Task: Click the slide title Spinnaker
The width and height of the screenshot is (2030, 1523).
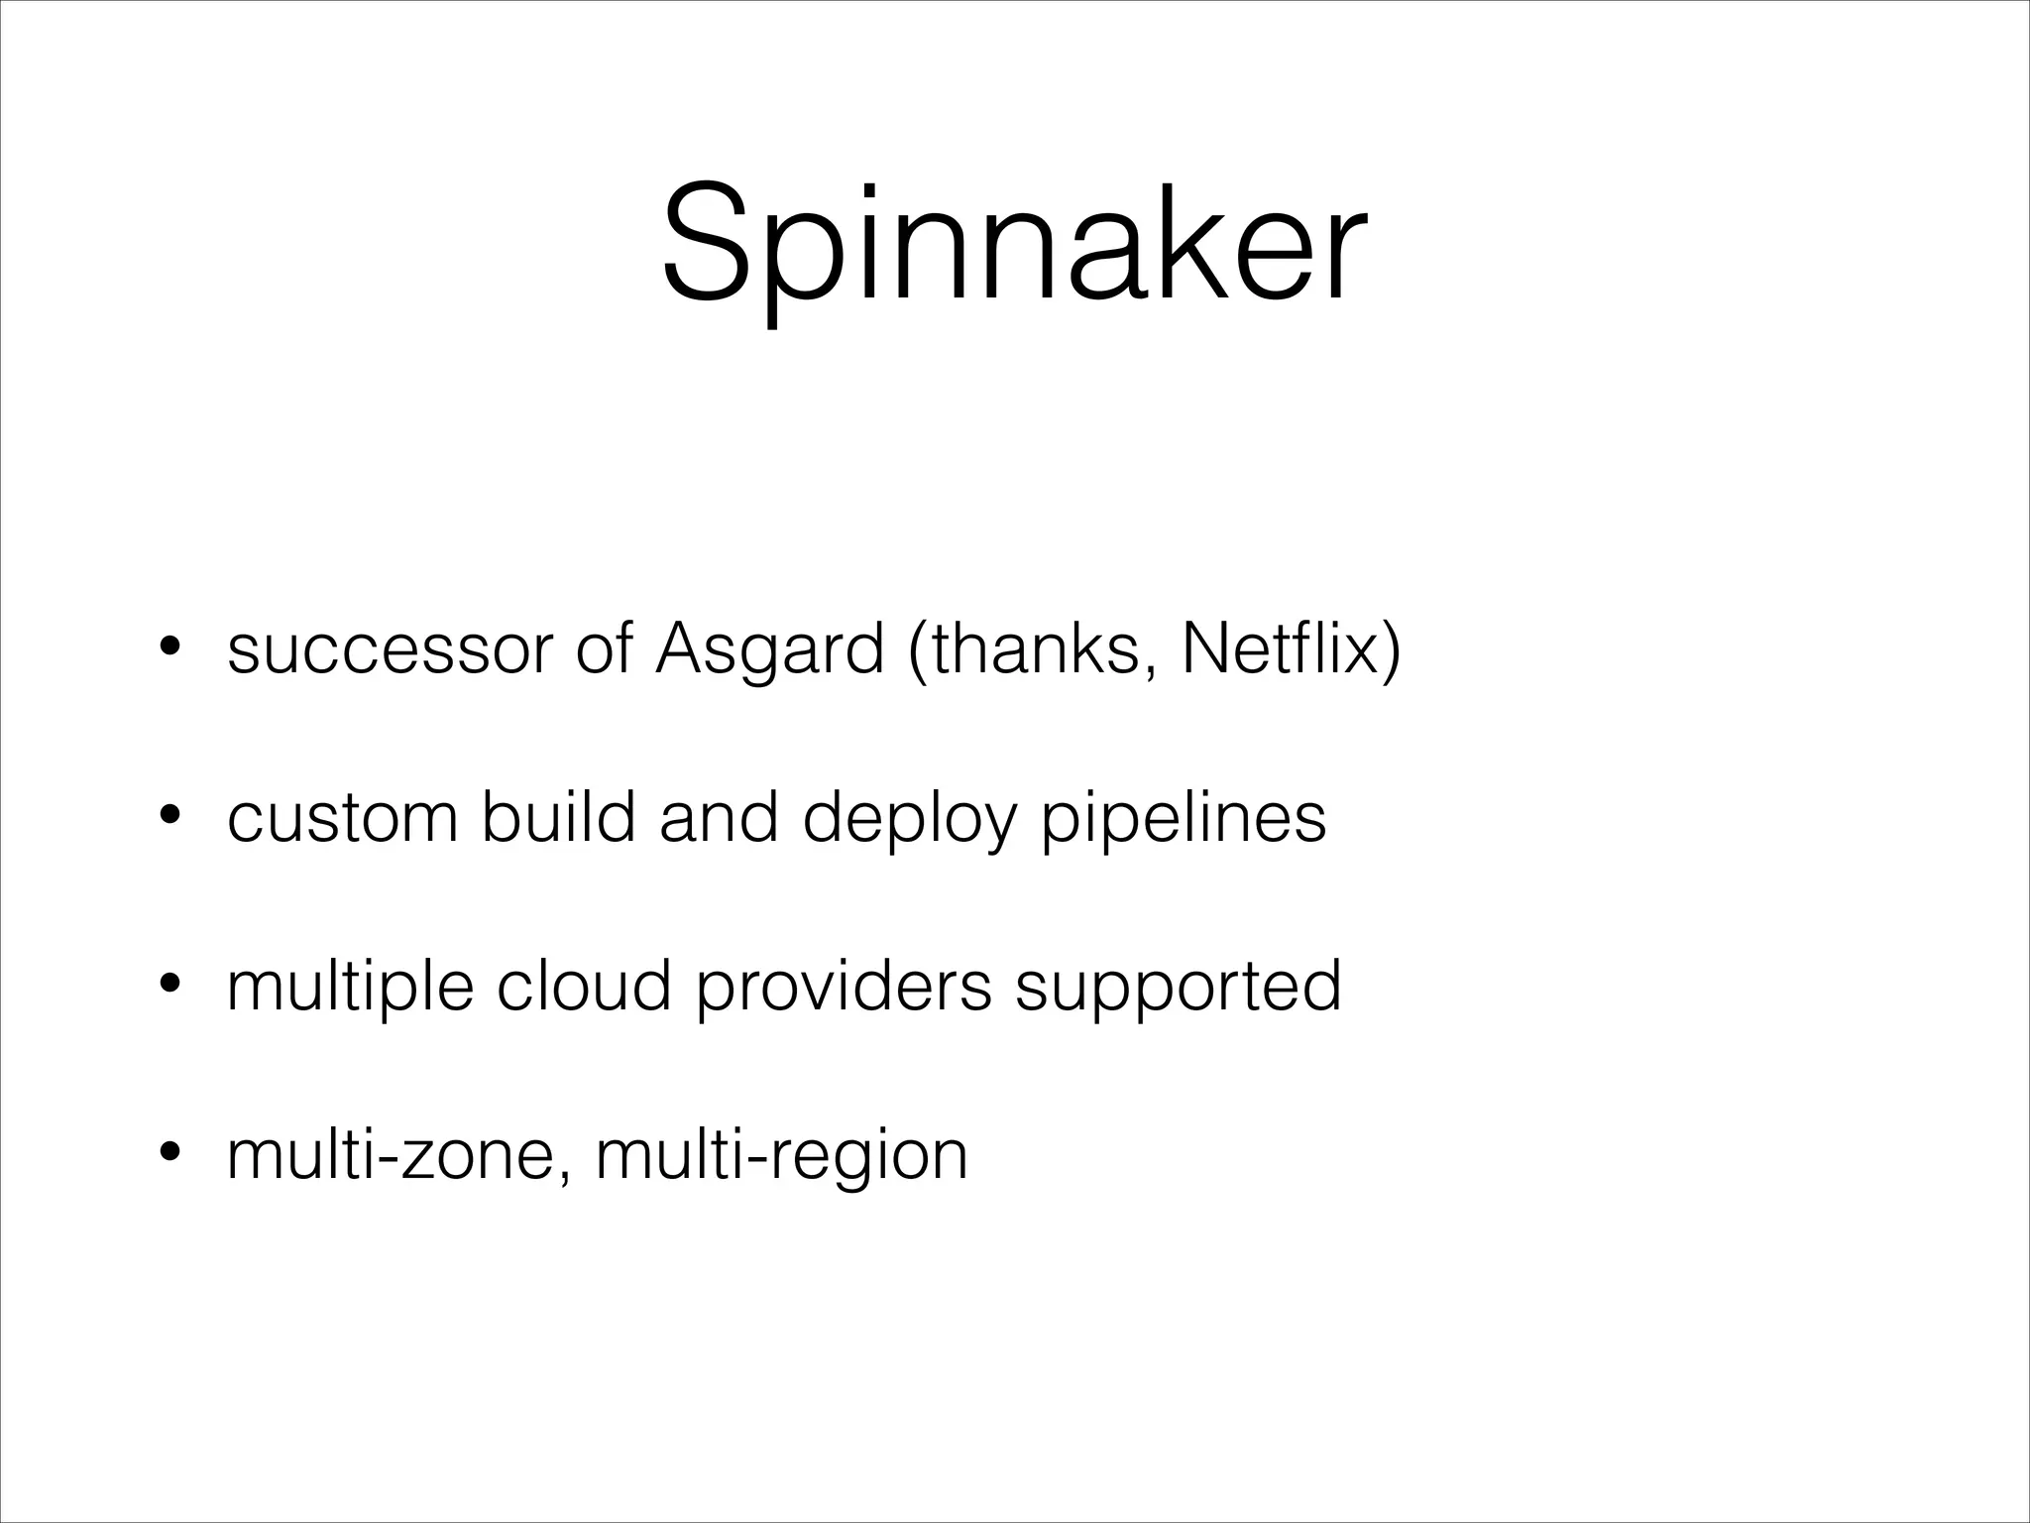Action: coord(1014,243)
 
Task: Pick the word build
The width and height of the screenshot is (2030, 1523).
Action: coord(558,819)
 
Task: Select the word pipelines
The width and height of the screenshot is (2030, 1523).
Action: coord(1184,819)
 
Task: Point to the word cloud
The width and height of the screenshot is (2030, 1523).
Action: coord(584,987)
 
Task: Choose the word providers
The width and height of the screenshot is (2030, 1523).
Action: coord(844,987)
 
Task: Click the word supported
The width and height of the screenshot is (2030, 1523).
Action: coord(1178,987)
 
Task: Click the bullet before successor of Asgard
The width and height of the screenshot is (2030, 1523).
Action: coord(169,647)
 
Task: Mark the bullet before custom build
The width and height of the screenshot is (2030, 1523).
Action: coord(169,816)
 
